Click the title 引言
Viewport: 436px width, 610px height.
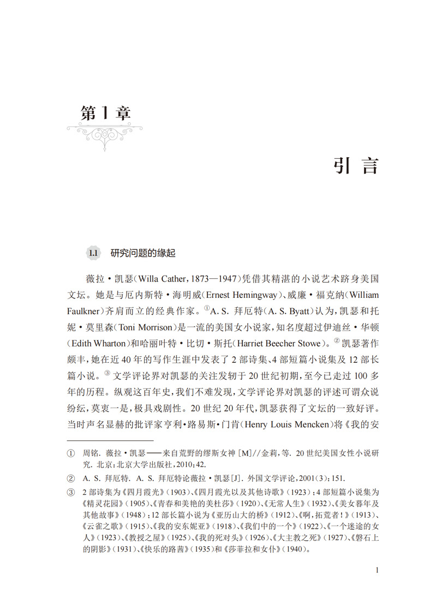coord(355,165)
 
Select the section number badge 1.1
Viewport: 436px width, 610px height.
coord(93,253)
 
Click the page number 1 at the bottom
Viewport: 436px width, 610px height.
coord(377,570)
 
